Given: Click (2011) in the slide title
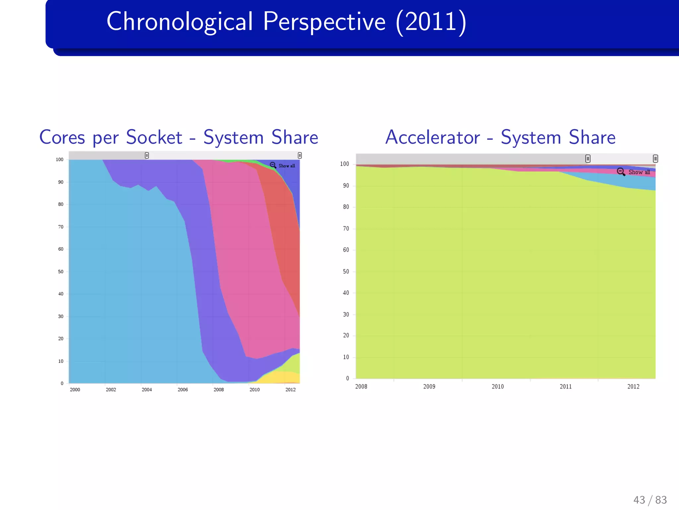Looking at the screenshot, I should coord(431,22).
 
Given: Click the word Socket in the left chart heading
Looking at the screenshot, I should coord(154,137).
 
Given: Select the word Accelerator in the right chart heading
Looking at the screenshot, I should coord(432,137).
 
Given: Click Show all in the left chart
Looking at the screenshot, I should coord(286,166).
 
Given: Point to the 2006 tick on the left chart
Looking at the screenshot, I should coord(183,389).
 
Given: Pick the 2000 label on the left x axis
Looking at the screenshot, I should coord(75,389).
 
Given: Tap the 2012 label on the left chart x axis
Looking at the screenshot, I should coord(290,389).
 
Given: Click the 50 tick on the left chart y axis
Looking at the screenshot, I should coord(61,272).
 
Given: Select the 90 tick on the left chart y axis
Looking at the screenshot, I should coord(61,182).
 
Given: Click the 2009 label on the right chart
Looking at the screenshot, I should coord(429,386).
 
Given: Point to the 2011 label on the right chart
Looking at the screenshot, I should coord(566,386).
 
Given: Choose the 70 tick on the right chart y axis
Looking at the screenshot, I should coord(346,228).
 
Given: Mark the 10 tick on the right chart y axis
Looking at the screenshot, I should coord(346,357).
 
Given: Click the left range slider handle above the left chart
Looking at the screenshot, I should coord(147,155).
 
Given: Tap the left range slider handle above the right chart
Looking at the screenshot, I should coord(587,159).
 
